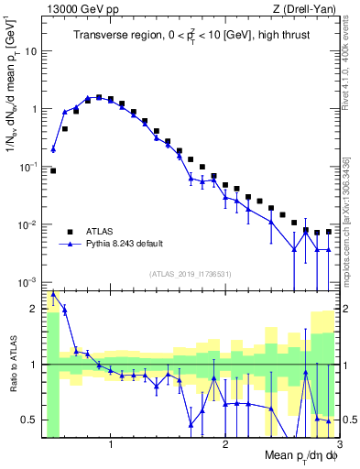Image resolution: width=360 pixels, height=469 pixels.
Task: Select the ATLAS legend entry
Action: coord(97,231)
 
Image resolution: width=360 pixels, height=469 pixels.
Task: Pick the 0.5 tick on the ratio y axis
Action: coord(29,420)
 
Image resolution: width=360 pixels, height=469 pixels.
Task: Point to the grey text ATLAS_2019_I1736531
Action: coord(191,274)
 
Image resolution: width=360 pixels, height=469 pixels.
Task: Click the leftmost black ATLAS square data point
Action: coord(53,170)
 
